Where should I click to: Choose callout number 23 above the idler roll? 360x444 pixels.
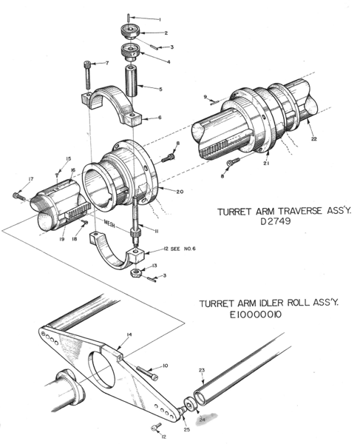202,369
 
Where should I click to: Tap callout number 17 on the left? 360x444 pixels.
30,179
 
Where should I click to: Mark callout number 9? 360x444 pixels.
207,96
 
